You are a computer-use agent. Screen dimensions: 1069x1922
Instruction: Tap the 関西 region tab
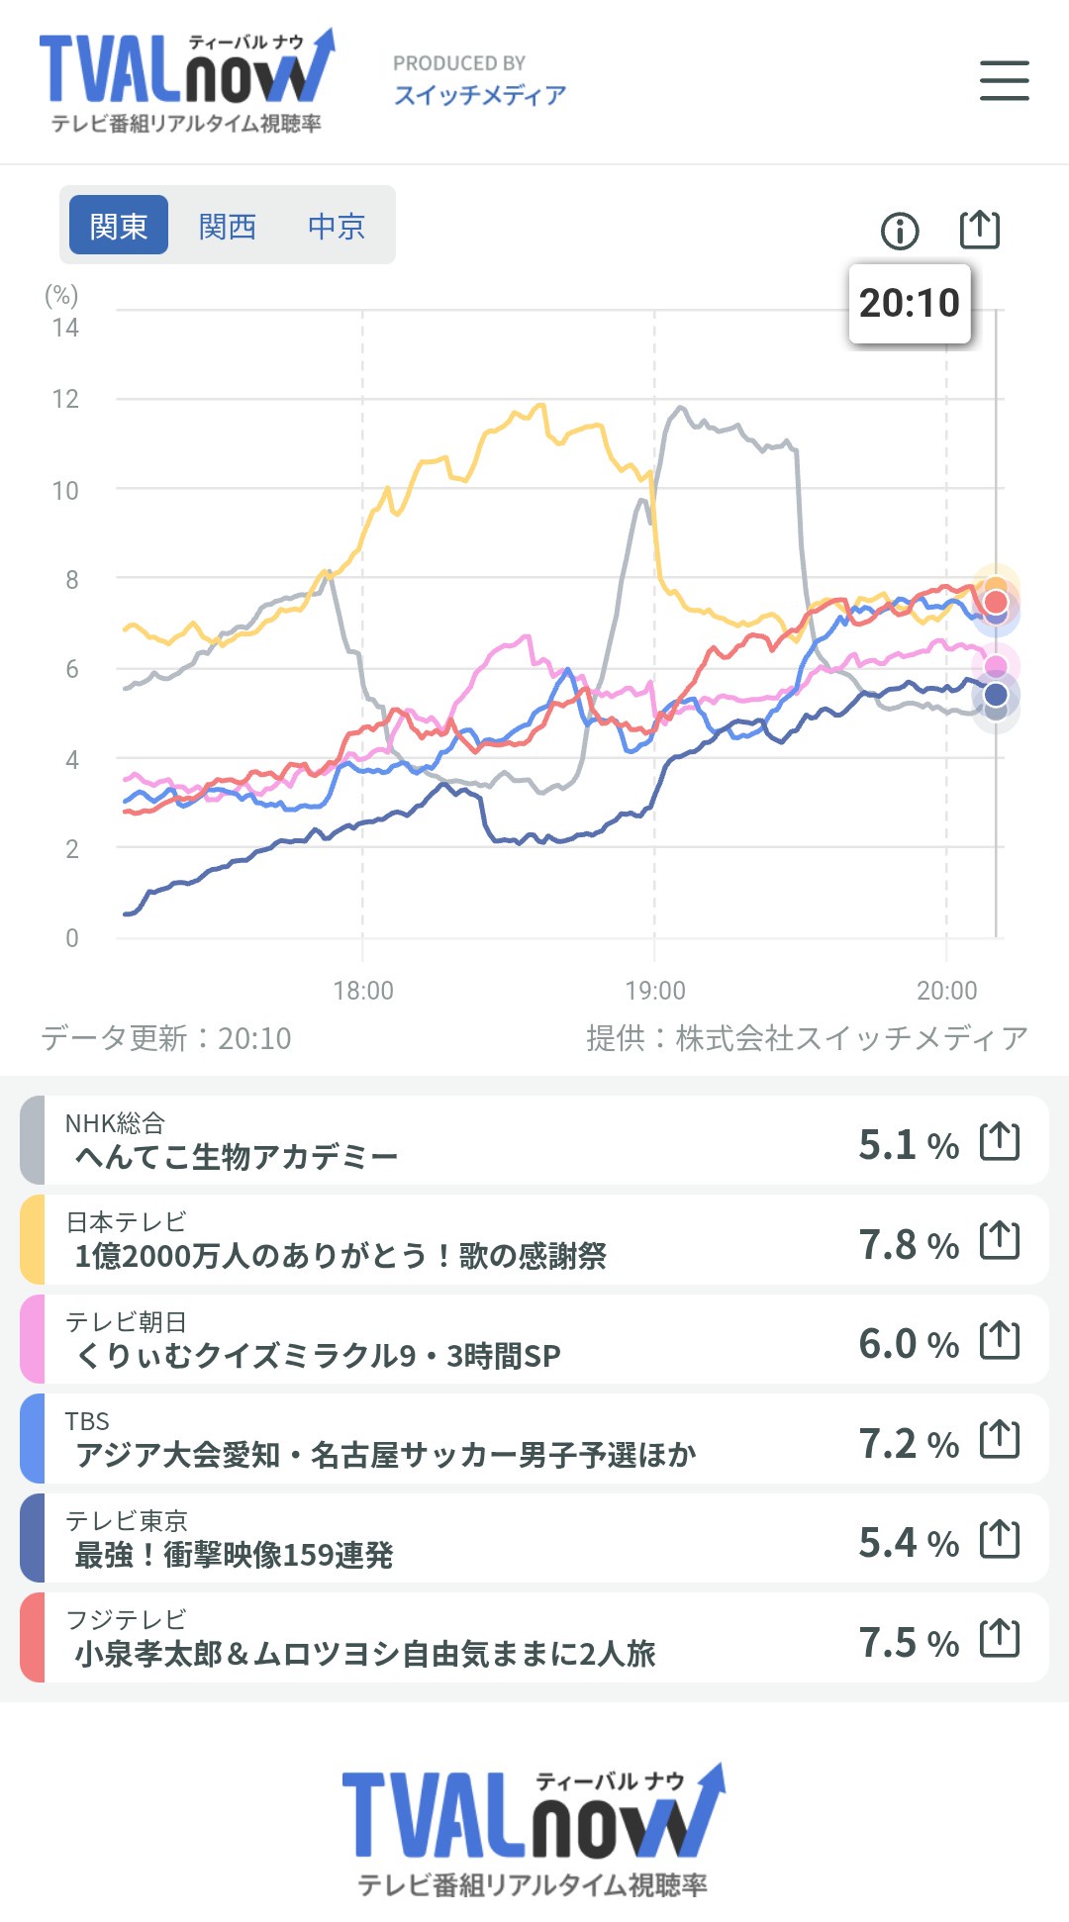[228, 227]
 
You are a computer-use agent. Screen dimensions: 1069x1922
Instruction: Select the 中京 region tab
[337, 227]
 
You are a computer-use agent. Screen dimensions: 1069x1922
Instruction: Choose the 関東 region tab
[119, 226]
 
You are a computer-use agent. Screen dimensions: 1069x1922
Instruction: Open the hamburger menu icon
[1004, 80]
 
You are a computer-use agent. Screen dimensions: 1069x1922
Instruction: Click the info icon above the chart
[900, 232]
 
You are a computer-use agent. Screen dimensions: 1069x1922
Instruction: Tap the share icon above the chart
[980, 230]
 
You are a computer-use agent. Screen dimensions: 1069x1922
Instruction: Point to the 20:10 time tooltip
[910, 303]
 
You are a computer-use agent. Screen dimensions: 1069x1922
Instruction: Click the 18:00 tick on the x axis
[363, 990]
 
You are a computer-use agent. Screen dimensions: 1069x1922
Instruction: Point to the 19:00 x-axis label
[655, 990]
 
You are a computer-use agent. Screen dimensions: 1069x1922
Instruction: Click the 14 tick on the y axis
[65, 328]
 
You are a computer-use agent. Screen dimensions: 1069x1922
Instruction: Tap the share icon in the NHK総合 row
[1000, 1141]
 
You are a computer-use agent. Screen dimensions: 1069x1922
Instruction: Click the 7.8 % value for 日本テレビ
[909, 1244]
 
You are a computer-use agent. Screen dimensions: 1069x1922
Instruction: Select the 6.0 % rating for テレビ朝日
[909, 1343]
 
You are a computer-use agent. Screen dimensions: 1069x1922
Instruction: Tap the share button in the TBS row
[1000, 1439]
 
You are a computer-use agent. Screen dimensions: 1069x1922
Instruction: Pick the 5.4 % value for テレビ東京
[909, 1542]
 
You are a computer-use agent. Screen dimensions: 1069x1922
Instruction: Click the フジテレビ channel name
[126, 1619]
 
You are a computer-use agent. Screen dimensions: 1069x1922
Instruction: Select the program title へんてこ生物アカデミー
[237, 1156]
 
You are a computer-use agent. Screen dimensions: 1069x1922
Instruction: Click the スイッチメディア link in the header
[480, 95]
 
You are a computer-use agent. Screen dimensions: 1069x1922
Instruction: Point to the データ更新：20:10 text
[166, 1038]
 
